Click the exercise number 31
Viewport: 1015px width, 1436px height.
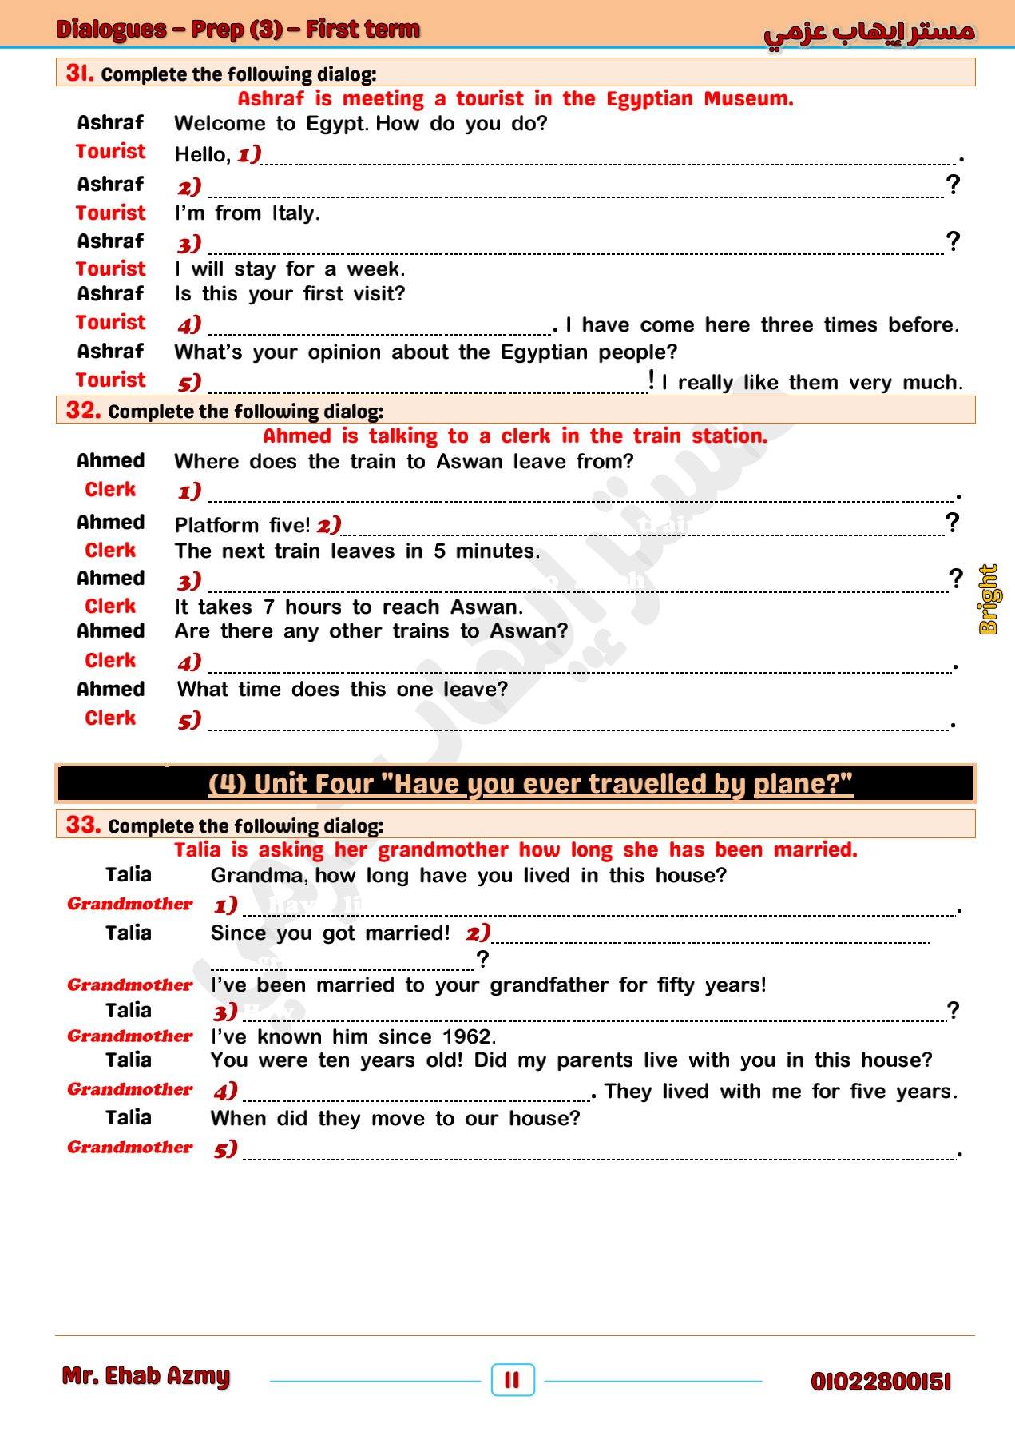tap(80, 73)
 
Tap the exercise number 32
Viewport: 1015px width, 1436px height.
tap(83, 410)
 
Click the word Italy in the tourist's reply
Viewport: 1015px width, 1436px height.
tap(295, 213)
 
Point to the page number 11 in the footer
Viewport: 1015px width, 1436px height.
tap(512, 1379)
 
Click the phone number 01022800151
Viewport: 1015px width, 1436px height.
tap(880, 1381)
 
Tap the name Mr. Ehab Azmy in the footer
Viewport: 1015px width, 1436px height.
tap(146, 1375)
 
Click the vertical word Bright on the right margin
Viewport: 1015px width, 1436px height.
tap(989, 599)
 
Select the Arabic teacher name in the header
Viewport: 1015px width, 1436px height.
tap(869, 32)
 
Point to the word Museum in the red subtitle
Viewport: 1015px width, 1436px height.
tap(747, 99)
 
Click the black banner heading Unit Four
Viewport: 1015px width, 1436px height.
tap(530, 783)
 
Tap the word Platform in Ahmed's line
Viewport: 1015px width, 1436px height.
tap(216, 525)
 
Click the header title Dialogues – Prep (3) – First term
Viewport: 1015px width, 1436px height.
tap(238, 30)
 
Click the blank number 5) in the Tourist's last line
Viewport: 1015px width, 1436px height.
tap(189, 383)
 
